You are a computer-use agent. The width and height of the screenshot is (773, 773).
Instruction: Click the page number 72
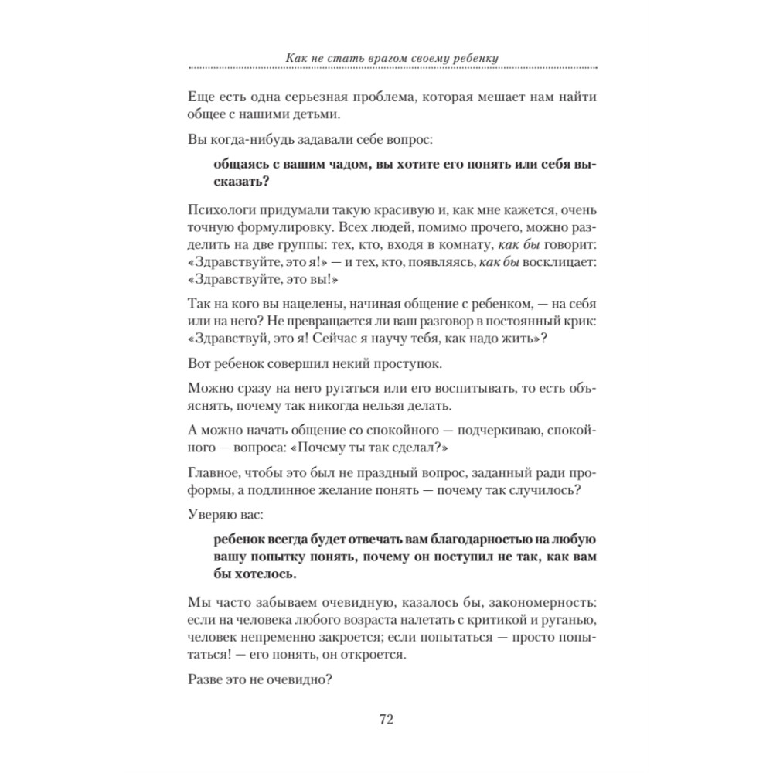386,720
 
